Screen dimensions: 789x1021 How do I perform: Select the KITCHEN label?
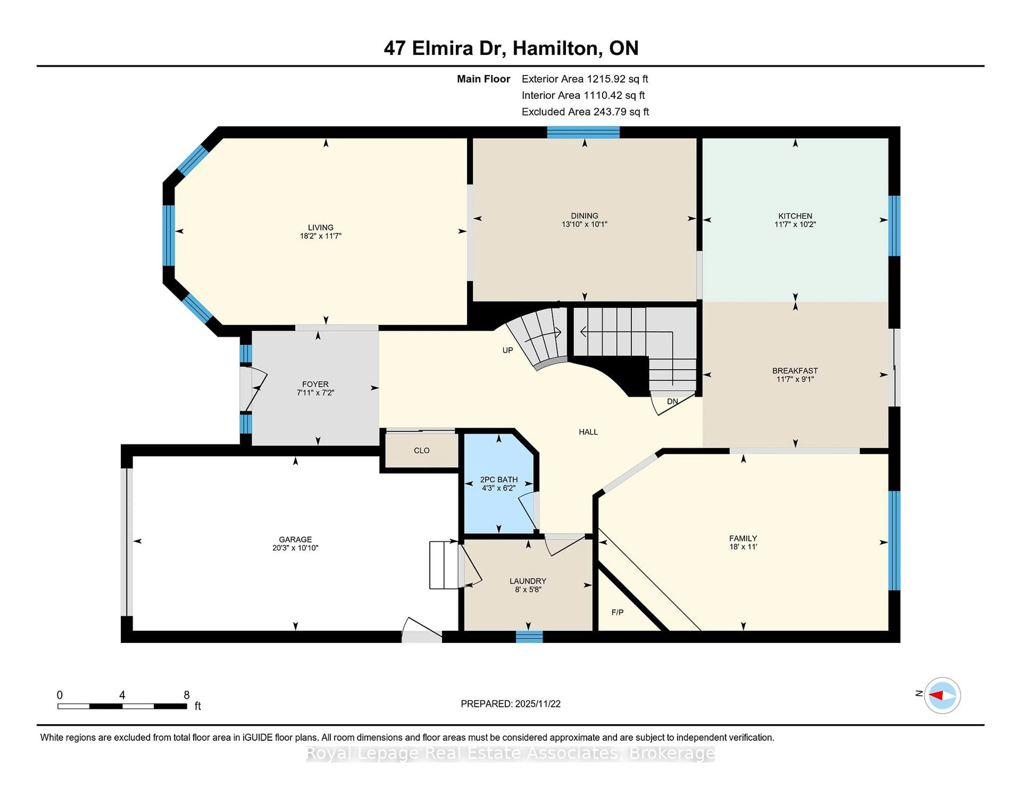click(795, 216)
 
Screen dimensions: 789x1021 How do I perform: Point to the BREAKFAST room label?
click(795, 371)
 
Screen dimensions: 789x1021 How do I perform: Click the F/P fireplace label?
click(617, 612)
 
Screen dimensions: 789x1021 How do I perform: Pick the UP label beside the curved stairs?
click(507, 351)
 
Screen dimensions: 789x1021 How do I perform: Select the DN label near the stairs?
click(672, 401)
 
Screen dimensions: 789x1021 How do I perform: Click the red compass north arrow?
click(936, 695)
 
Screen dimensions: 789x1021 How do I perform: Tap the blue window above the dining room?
click(583, 132)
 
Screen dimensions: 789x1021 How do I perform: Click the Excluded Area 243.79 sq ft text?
click(585, 112)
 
